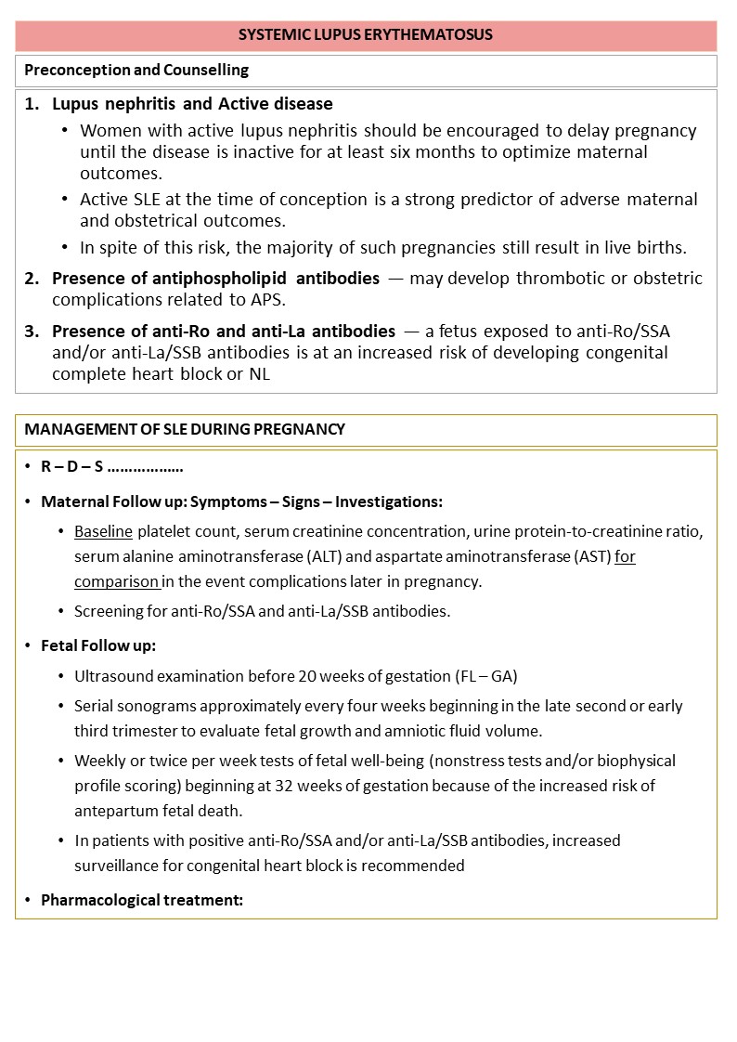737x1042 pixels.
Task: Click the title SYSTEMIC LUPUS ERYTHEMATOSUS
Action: click(366, 35)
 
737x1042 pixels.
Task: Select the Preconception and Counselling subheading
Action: click(136, 71)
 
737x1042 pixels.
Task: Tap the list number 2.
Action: click(32, 279)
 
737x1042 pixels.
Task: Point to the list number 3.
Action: click(32, 332)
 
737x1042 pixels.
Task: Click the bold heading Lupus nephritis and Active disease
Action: click(192, 104)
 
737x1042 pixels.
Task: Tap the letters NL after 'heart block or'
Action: click(260, 374)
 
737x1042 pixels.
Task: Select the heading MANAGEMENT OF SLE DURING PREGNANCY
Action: click(185, 430)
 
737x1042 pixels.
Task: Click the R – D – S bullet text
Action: click(111, 466)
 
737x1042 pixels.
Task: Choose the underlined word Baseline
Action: click(104, 532)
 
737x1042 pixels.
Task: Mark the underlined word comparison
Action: click(117, 580)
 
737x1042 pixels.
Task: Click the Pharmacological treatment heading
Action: click(141, 900)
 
